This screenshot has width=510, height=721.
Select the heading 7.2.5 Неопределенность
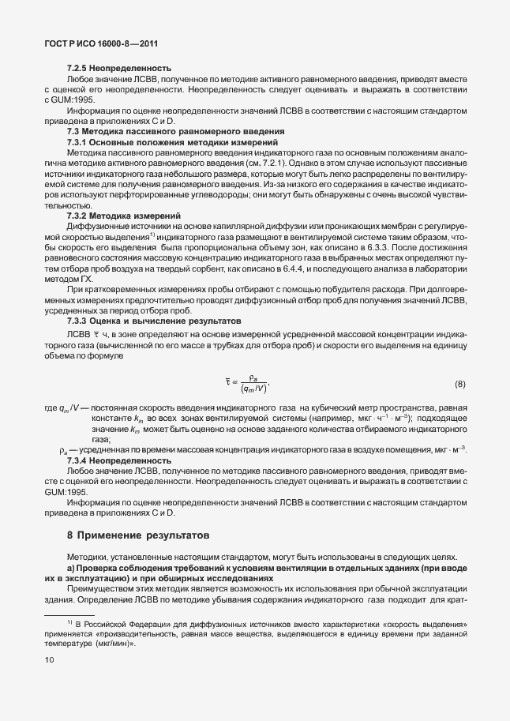click(x=118, y=69)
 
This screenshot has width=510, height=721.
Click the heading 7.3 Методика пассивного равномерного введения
click(x=176, y=130)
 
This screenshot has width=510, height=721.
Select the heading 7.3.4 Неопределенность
click(x=118, y=460)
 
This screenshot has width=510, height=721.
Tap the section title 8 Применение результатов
click(x=139, y=534)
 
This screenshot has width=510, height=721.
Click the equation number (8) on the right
click(x=459, y=384)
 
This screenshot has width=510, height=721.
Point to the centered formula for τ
click(x=247, y=385)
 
